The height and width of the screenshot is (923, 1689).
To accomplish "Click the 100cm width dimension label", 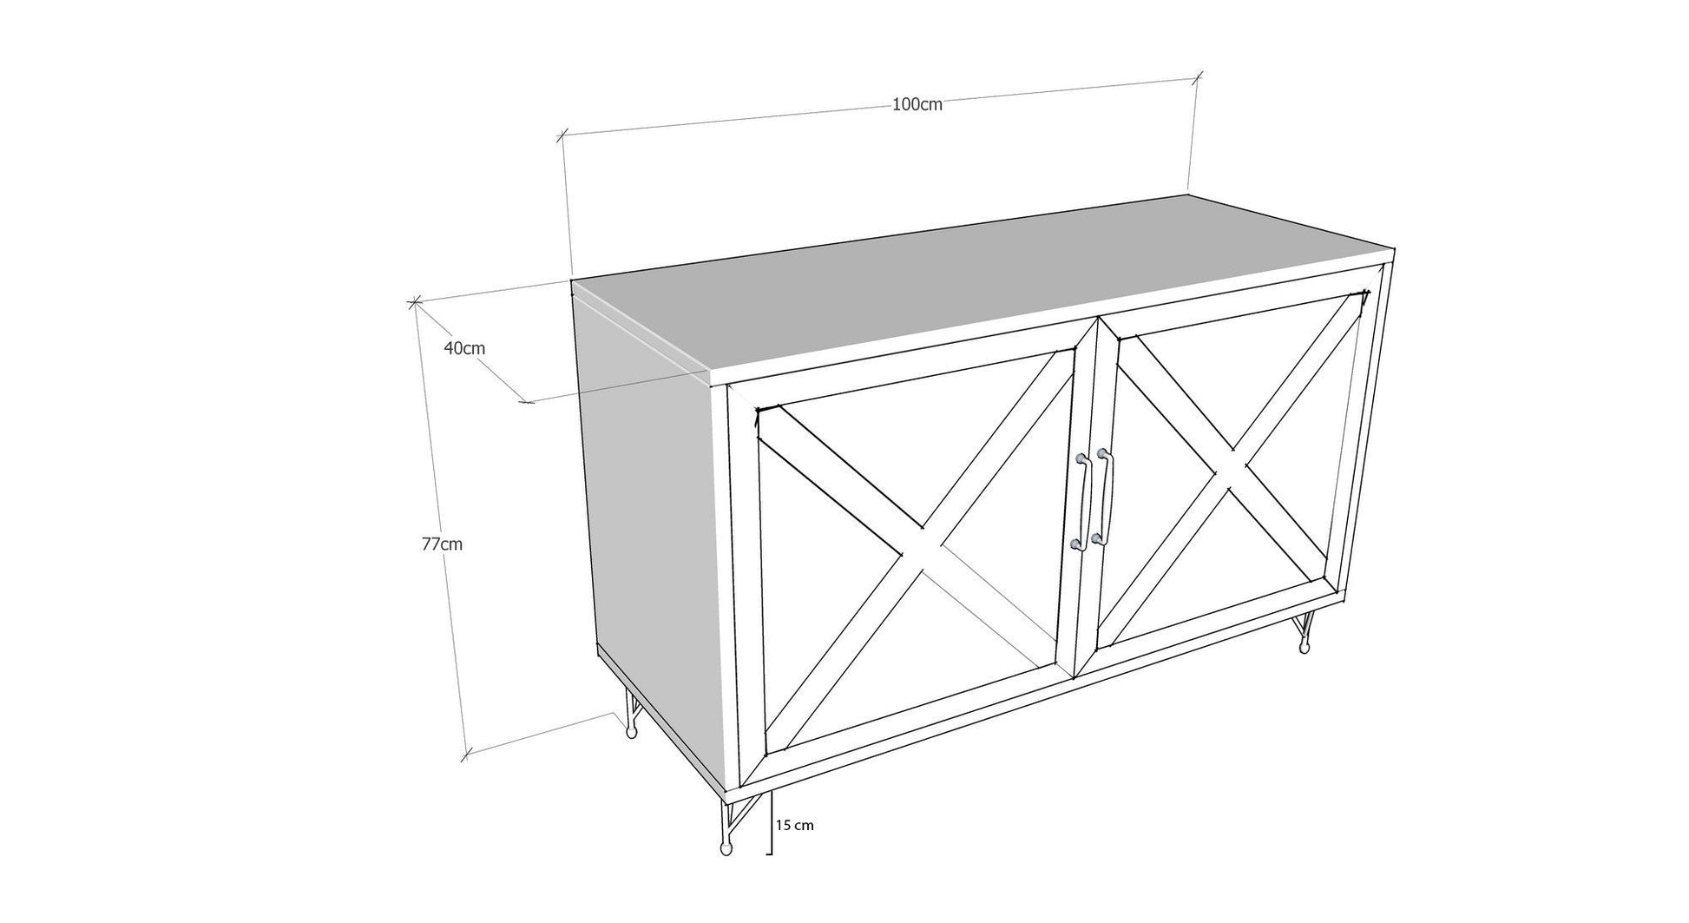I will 917,105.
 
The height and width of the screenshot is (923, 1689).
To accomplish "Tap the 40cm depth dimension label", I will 464,349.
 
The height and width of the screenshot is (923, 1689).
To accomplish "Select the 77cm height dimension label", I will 442,544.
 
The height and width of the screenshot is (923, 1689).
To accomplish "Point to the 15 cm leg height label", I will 794,825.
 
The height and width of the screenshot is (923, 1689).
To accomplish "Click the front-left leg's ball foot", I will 726,849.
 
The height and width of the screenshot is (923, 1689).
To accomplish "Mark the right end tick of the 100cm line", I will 1198,77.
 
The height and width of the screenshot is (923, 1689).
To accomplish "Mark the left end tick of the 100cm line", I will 562,135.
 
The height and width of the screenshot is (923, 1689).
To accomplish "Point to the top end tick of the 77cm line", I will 413,302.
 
